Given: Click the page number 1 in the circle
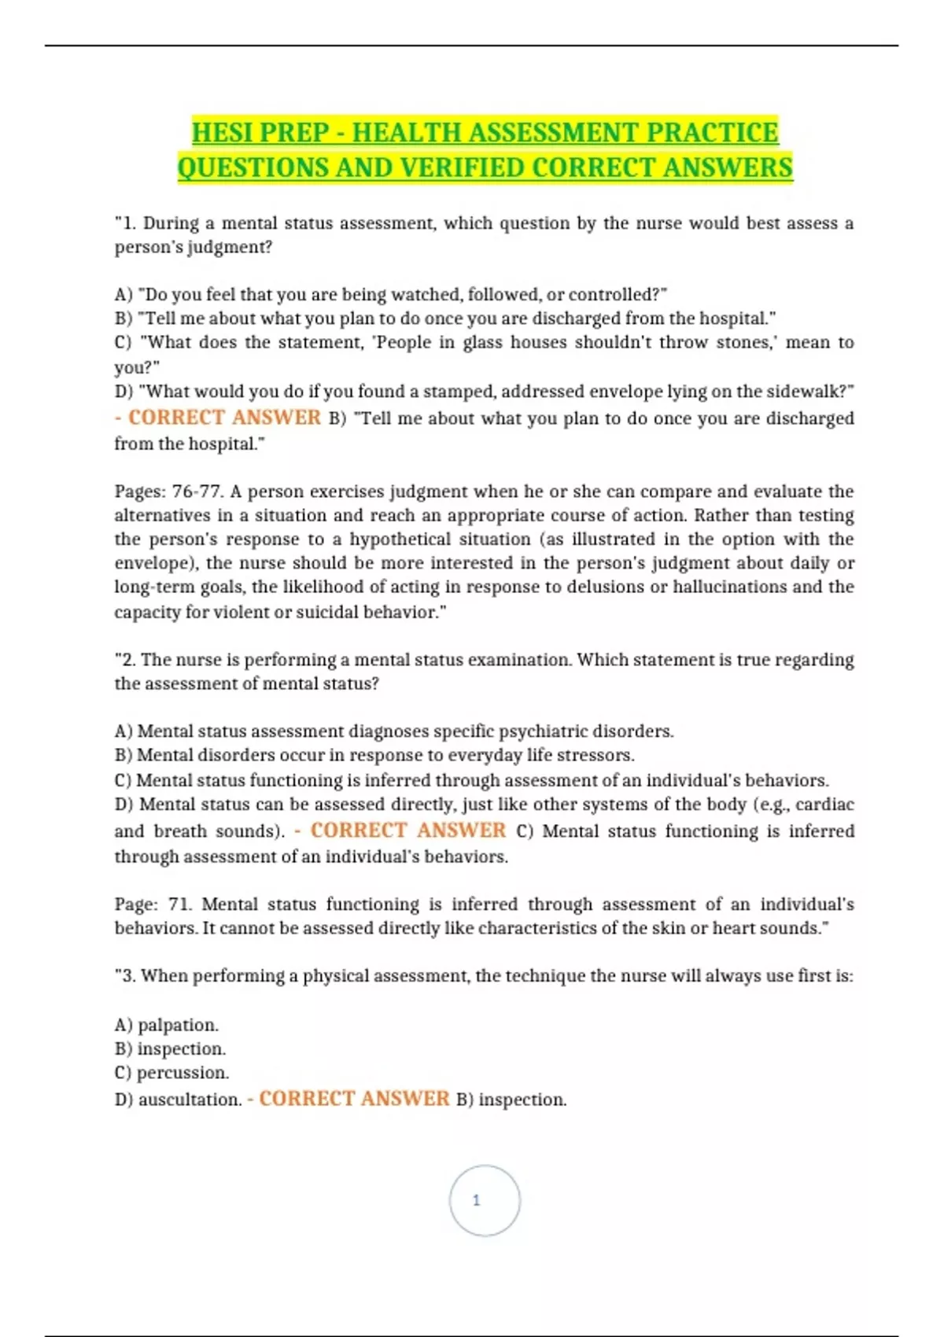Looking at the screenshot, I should tap(476, 1200).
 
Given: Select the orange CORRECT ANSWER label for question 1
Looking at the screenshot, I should tap(224, 418).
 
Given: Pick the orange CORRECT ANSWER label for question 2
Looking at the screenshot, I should tap(407, 831).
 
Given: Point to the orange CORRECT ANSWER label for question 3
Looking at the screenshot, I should tap(354, 1099).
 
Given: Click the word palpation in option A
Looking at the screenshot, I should tap(178, 1025).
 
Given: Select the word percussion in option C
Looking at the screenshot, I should tap(183, 1073).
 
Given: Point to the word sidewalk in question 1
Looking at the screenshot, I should tap(811, 392).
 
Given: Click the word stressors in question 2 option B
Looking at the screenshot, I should tap(599, 755).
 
